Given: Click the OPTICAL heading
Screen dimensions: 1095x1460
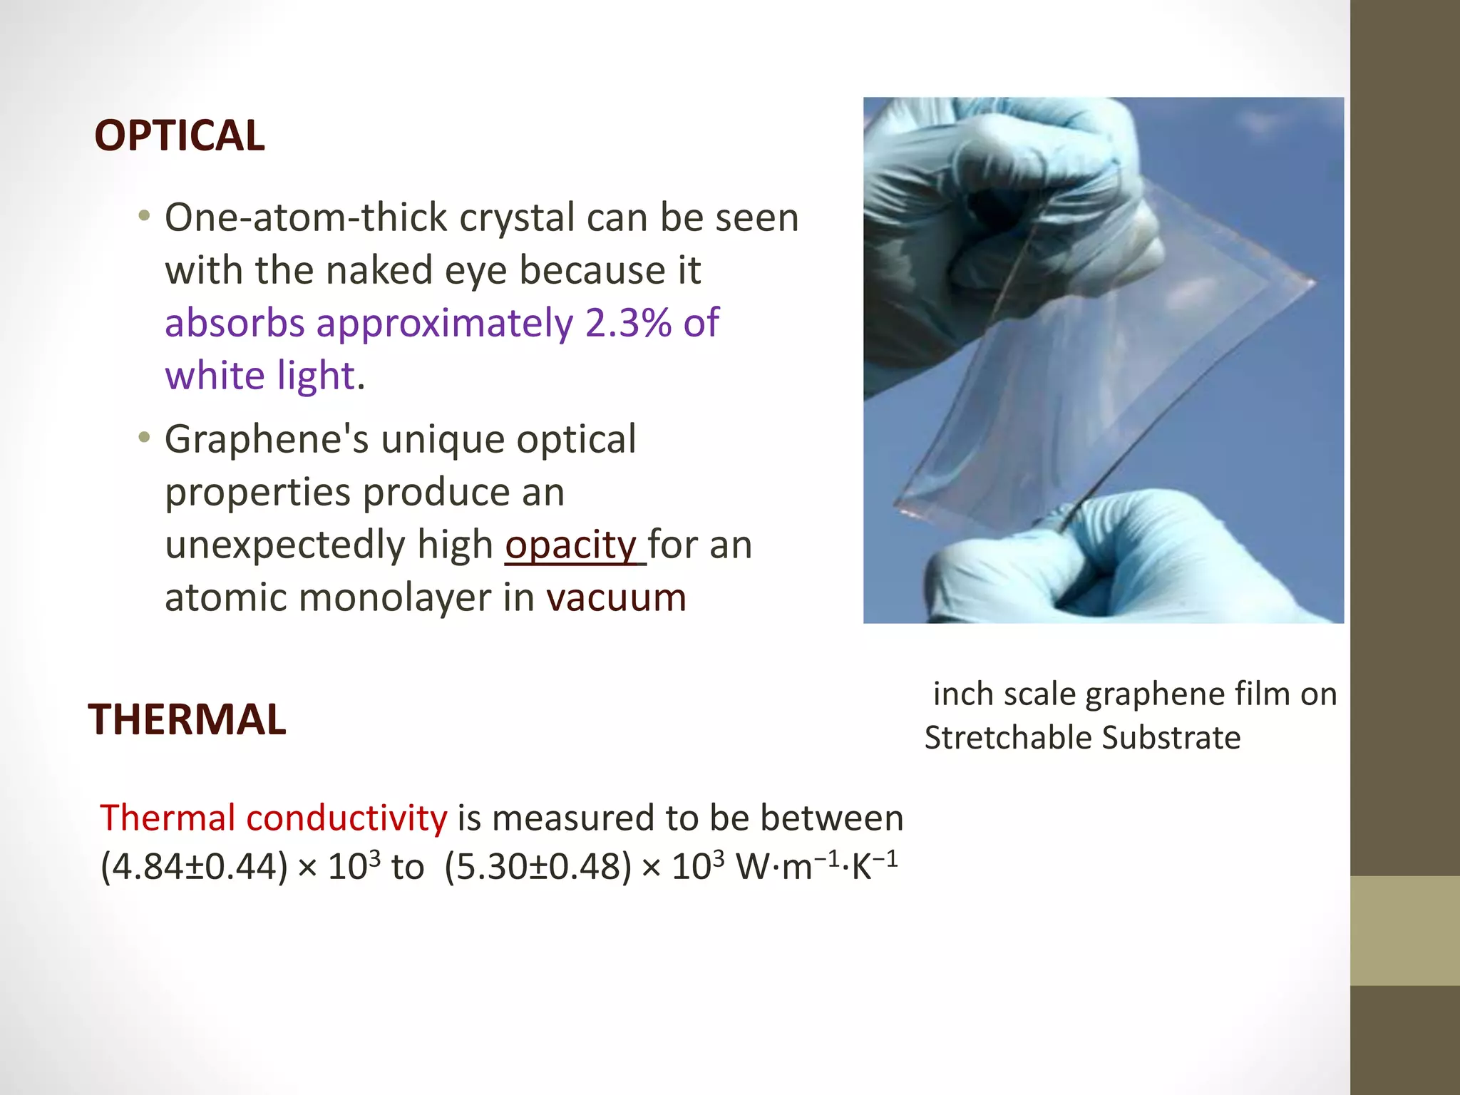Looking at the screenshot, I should tap(179, 135).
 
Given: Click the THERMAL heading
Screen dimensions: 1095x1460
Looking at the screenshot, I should tap(187, 719).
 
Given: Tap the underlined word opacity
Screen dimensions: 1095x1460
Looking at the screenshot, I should tap(570, 546).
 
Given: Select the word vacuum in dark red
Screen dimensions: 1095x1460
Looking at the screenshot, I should tap(616, 597).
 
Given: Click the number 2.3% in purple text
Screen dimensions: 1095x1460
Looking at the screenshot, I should tap(628, 323).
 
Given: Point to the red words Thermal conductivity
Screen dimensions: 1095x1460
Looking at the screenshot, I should tap(273, 818).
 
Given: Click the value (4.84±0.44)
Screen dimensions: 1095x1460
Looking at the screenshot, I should tap(194, 868).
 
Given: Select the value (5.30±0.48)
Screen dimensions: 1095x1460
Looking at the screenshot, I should tap(538, 868).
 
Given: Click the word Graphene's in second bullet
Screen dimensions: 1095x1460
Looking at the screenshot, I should tap(267, 440).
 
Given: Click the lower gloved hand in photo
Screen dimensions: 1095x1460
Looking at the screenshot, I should tap(1112, 563).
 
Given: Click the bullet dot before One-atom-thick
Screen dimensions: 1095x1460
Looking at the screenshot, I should tap(145, 216).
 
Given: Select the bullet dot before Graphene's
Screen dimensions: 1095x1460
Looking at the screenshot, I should tap(145, 438).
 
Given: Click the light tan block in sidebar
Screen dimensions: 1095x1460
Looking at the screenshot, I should tap(1404, 930).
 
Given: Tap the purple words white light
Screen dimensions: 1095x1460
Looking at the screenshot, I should tap(259, 376).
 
